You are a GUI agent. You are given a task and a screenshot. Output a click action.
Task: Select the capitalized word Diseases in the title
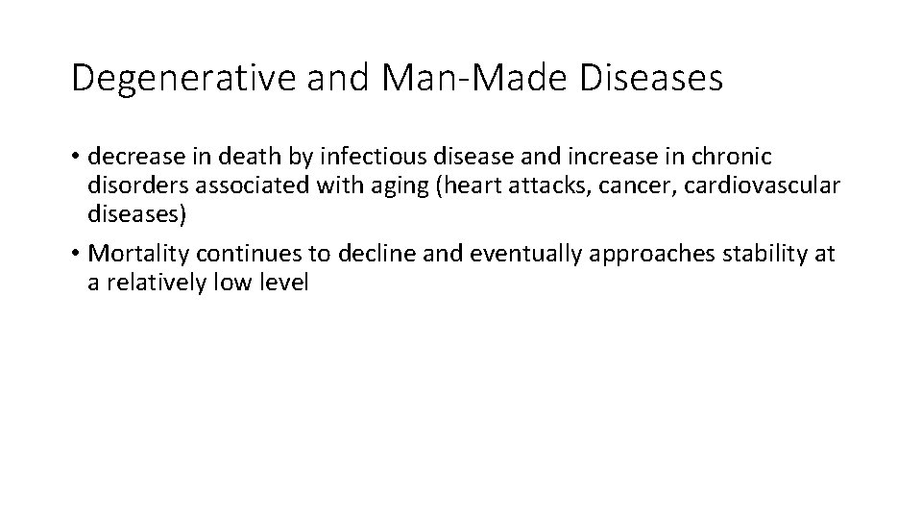click(651, 79)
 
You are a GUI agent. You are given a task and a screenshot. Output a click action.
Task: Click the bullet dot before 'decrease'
click(76, 156)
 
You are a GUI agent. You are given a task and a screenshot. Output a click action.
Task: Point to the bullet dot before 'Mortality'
click(76, 254)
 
